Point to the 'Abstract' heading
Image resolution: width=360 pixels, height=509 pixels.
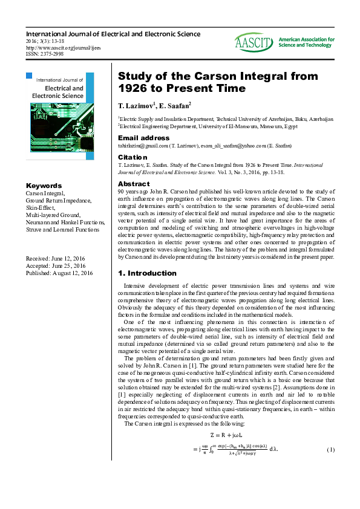(x=133, y=183)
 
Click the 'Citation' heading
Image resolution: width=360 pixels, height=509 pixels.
(x=132, y=157)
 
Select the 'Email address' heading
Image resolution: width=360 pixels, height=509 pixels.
(x=143, y=138)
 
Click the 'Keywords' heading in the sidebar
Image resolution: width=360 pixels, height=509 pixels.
(x=44, y=186)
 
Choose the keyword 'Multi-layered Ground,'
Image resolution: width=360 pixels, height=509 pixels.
(x=55, y=215)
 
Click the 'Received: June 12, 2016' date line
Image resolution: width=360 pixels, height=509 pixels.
(x=56, y=259)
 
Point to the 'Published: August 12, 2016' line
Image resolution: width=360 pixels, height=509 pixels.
(x=59, y=273)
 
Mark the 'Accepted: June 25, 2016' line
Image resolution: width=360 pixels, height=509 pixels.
(x=56, y=266)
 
